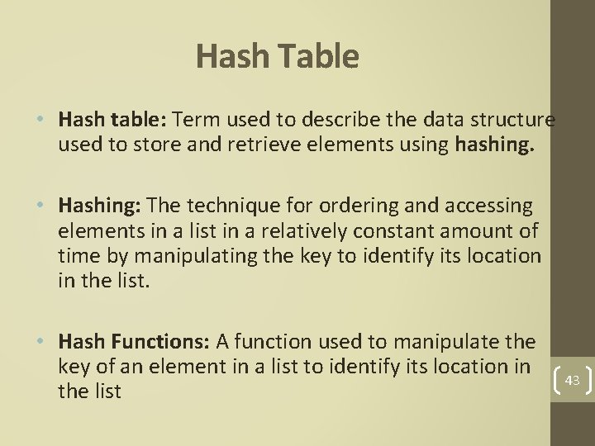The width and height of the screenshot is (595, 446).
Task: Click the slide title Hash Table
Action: pyautogui.click(x=278, y=57)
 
